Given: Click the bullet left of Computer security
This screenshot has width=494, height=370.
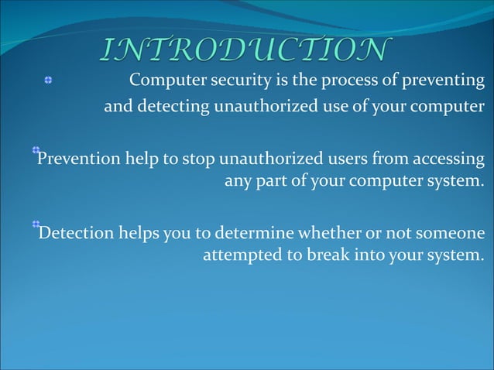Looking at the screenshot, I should pos(47,81).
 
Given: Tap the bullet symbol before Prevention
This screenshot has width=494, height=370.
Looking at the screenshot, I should pos(36,149).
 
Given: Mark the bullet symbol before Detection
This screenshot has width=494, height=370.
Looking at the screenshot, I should pos(36,224).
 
